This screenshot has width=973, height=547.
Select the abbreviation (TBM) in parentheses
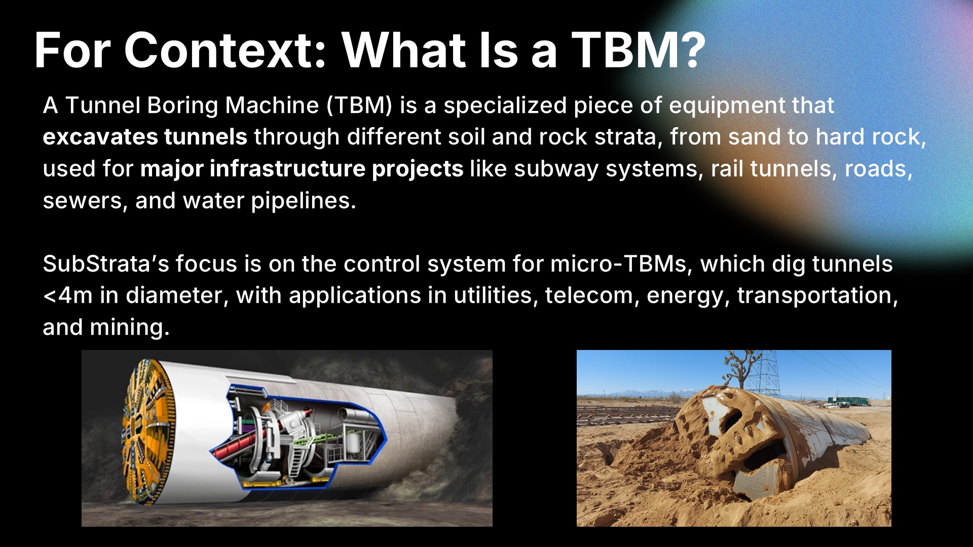point(359,105)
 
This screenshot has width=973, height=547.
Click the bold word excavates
point(99,137)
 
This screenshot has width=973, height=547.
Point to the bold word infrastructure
point(287,169)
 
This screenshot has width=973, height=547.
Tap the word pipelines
point(304,201)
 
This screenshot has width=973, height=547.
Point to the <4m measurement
point(68,296)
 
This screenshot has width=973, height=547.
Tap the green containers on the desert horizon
point(848,402)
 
